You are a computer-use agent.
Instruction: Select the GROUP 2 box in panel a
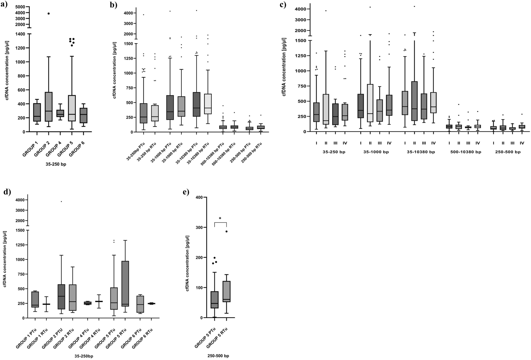point(48,107)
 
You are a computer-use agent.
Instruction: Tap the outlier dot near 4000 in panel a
point(48,13)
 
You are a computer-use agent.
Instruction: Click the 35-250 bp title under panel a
point(56,164)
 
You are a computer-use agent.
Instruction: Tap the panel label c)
point(283,4)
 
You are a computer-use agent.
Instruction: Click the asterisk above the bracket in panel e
point(220,218)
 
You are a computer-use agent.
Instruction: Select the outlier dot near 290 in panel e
point(227,231)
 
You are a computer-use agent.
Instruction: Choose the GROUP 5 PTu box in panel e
point(214,300)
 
